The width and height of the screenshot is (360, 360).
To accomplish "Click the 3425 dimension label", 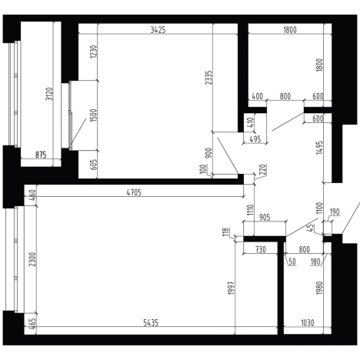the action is [x=158, y=30].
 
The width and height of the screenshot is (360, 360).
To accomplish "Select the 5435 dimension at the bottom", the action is [x=151, y=322].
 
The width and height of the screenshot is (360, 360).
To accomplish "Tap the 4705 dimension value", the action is [x=134, y=192].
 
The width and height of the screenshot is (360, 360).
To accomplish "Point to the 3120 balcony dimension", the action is [x=49, y=94].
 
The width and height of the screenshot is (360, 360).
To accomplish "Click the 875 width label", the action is [x=41, y=155].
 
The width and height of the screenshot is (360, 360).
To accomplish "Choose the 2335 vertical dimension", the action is [x=209, y=78].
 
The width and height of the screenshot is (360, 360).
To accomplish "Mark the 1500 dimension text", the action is [x=94, y=115].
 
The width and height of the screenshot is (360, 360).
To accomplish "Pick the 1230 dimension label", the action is [x=94, y=52].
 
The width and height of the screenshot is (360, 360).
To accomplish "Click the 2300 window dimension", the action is [x=32, y=259].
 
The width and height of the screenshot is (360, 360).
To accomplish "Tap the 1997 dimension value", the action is [x=232, y=288].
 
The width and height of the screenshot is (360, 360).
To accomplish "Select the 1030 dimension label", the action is [x=307, y=322].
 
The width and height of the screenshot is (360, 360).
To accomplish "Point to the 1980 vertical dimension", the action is [x=319, y=288].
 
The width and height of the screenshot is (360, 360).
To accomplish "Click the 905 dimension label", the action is [x=265, y=218].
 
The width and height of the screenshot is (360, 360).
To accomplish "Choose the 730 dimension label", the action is [x=261, y=249].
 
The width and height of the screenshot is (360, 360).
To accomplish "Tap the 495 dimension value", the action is [x=255, y=139].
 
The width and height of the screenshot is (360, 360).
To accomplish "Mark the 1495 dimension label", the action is [x=319, y=148].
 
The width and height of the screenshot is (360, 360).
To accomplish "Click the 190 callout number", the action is [x=335, y=212].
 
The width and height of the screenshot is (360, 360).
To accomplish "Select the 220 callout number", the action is [x=263, y=169].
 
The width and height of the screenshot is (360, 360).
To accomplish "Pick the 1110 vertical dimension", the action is [x=251, y=210].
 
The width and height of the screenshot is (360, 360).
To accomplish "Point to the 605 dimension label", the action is [x=94, y=165].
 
